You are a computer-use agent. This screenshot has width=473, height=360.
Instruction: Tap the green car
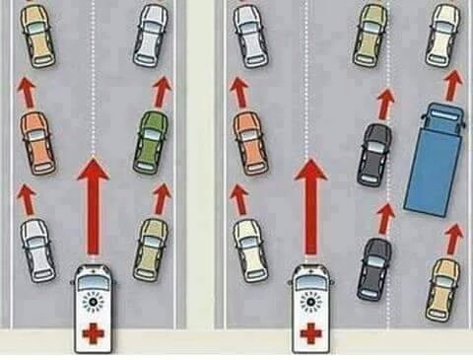pos(151,141)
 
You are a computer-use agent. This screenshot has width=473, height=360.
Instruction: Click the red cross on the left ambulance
pos(93,331)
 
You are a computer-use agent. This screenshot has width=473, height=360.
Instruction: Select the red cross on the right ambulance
pos(310,333)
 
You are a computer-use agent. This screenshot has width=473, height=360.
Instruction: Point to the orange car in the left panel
pos(34,140)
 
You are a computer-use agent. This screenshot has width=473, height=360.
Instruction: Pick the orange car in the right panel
pos(250,140)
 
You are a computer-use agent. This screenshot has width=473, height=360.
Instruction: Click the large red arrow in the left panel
pos(94,208)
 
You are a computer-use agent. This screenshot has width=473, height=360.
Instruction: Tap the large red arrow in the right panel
pos(310,208)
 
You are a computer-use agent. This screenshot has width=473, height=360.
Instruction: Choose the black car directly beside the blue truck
pos(374,154)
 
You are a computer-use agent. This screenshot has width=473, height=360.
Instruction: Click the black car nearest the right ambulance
pos(374,265)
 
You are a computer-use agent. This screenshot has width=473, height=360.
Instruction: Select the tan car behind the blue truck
pos(443,287)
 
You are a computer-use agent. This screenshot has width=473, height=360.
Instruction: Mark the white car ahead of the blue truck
pos(442,34)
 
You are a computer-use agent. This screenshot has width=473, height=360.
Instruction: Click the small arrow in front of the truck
pos(451,85)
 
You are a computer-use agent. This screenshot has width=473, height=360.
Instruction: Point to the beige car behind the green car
pos(151,249)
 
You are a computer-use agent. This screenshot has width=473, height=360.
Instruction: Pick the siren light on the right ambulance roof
pos(310,296)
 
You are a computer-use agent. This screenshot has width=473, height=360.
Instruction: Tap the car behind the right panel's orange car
pos(249,248)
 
